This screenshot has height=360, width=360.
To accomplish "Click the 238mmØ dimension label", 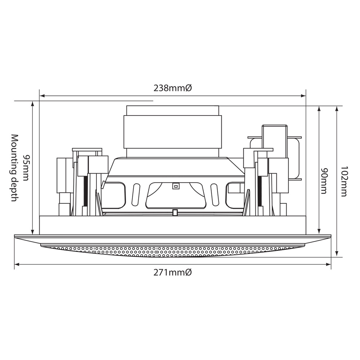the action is coord(172,88).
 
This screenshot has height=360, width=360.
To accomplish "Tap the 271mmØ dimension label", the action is coord(172,273).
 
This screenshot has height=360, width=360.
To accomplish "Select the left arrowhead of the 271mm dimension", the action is coord(17,265).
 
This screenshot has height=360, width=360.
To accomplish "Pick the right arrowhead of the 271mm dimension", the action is coord(329,265).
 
